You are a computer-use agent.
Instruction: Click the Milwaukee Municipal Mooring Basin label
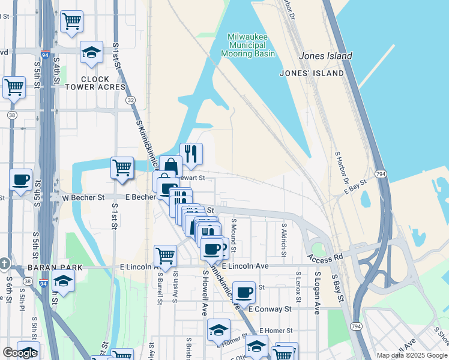click(251, 46)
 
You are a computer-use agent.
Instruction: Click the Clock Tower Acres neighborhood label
click(95, 83)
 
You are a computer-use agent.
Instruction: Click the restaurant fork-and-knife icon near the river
click(191, 154)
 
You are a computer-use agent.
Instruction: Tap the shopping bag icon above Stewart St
click(170, 167)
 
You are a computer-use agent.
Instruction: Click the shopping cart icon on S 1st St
click(122, 167)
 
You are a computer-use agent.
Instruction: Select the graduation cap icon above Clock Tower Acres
click(91, 52)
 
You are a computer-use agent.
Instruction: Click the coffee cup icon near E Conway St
click(244, 292)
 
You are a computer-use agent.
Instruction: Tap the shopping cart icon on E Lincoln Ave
click(165, 256)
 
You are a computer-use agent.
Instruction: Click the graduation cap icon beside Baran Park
click(63, 280)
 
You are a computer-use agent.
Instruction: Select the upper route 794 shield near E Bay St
click(381, 174)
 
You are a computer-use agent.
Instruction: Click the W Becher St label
click(83, 197)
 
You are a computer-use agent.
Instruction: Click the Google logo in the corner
click(20, 353)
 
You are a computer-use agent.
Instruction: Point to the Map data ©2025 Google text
click(411, 355)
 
